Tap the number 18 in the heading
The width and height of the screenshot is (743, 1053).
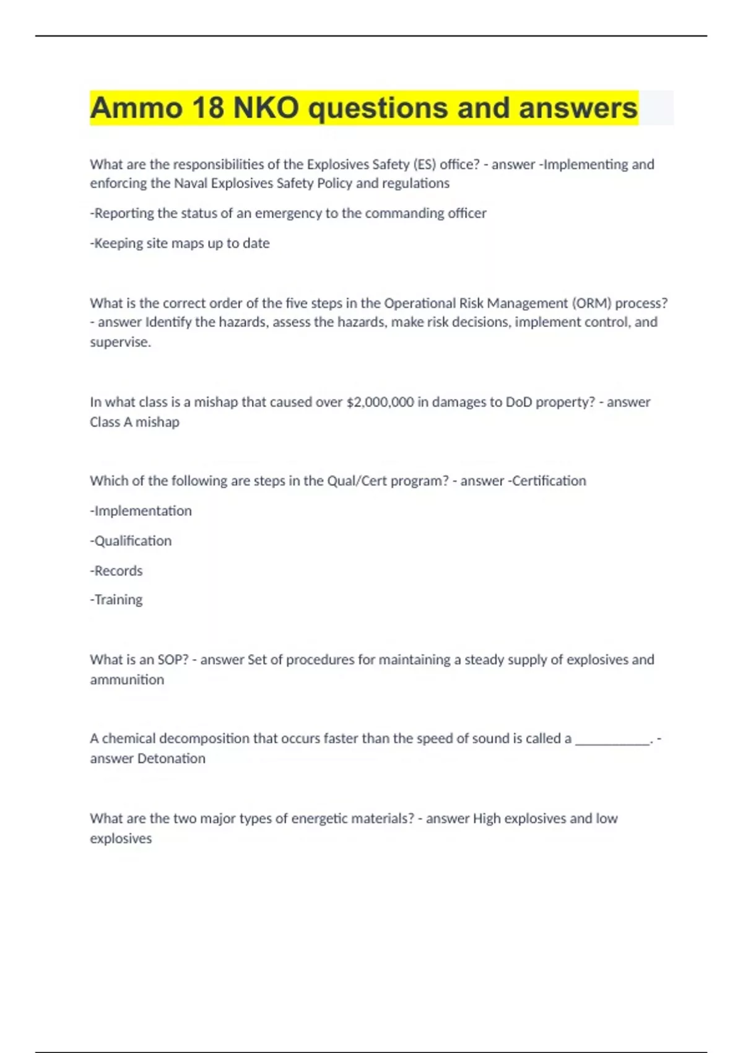click(x=208, y=108)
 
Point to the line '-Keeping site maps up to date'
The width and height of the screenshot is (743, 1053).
click(x=180, y=243)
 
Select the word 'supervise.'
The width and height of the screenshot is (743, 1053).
click(x=120, y=342)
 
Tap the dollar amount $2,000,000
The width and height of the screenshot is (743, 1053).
click(x=380, y=402)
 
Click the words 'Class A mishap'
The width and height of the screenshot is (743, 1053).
click(x=134, y=422)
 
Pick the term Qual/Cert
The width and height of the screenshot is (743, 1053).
click(x=357, y=481)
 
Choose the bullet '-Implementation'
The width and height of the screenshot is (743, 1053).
click(x=141, y=511)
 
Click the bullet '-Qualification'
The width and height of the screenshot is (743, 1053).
click(x=131, y=541)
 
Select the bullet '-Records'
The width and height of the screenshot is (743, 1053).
click(x=116, y=570)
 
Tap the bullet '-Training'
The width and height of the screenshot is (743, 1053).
click(x=116, y=600)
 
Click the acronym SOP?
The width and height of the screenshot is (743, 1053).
click(x=173, y=660)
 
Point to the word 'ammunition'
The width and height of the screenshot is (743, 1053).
click(x=127, y=679)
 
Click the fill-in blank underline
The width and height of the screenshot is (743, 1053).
click(x=612, y=740)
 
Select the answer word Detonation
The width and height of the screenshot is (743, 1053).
click(x=172, y=759)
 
